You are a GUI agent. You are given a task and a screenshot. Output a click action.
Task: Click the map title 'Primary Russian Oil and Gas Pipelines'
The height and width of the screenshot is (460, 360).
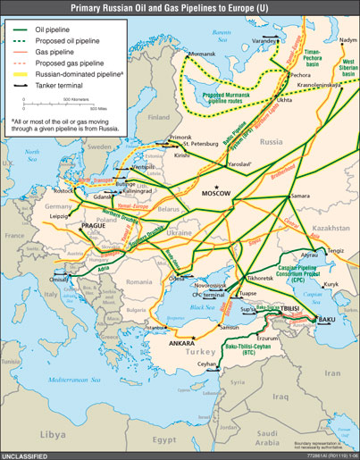click(x=180, y=8)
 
